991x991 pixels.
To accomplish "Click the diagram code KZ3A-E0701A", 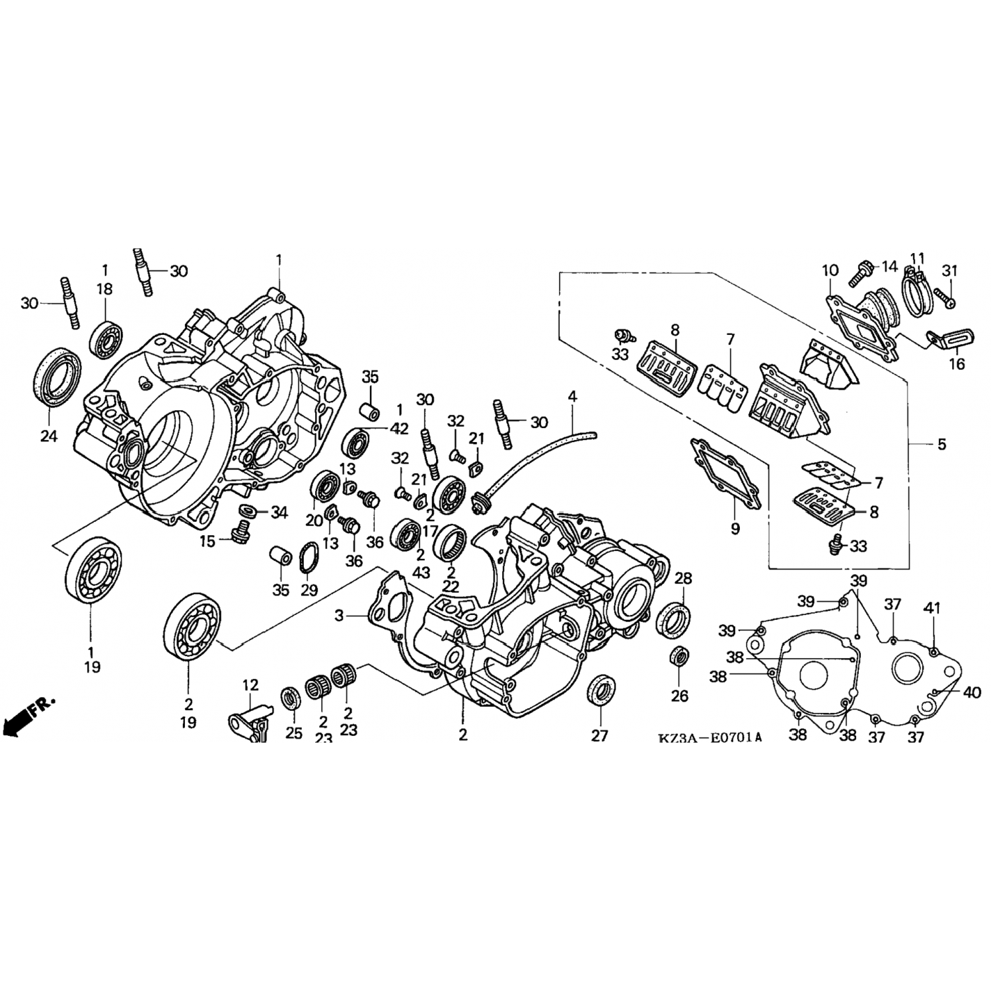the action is point(709,737).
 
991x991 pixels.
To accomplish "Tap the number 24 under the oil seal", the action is point(49,436).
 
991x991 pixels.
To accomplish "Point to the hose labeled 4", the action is point(542,465).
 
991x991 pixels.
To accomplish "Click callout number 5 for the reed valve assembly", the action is point(941,444).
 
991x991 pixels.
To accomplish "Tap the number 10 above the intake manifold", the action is point(830,270).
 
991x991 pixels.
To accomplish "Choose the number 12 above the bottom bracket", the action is point(250,685).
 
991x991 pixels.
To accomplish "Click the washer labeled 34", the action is point(248,510).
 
